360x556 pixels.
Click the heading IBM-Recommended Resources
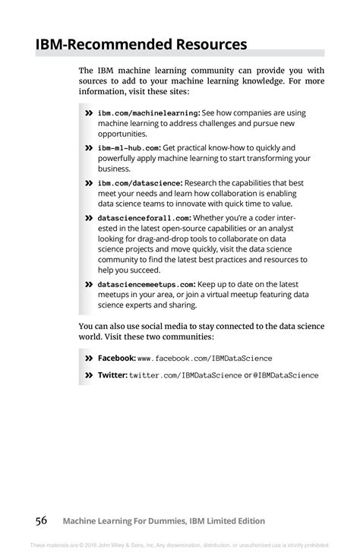tap(141, 44)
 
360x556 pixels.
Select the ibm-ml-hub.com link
tap(128, 148)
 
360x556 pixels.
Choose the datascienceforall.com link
tap(144, 218)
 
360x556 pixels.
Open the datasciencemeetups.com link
tap(147, 285)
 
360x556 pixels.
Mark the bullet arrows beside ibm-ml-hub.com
tap(89, 148)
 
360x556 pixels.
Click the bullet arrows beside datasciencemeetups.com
tap(89, 285)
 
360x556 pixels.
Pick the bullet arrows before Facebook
tap(89, 358)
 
